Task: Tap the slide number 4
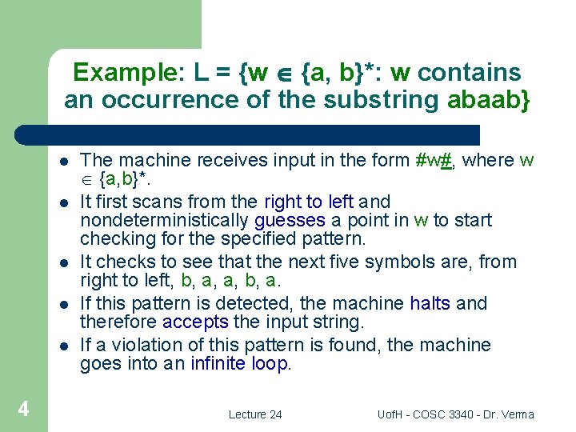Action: pos(24,410)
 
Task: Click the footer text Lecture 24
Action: pos(255,414)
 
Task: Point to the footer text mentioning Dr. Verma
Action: pos(455,414)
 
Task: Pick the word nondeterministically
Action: pos(165,220)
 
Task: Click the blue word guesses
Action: pos(290,220)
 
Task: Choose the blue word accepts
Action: pos(195,322)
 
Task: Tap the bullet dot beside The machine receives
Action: pos(63,161)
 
